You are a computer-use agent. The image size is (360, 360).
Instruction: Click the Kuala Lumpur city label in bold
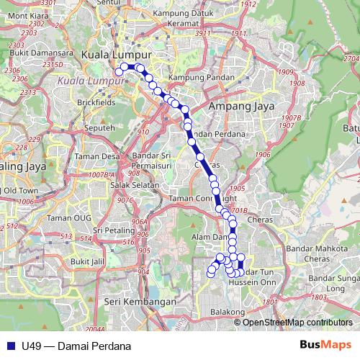[x=117, y=55]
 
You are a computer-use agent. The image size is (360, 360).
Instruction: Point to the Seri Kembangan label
[x=140, y=301]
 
